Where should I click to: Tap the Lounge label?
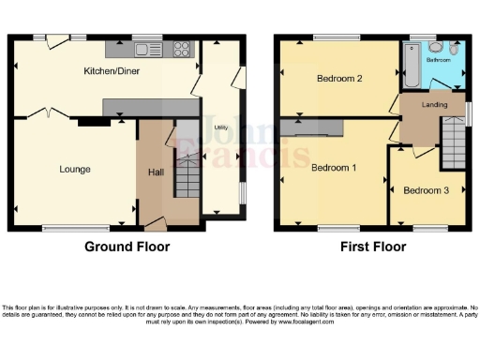[75, 170]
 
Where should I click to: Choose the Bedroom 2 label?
[339, 79]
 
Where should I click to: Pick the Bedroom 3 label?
[426, 190]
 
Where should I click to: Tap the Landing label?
[434, 105]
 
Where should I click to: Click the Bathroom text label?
[438, 59]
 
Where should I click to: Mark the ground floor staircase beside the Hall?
[188, 176]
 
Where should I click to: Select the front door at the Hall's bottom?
[155, 223]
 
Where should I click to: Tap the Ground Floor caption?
[127, 247]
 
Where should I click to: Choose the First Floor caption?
[372, 247]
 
